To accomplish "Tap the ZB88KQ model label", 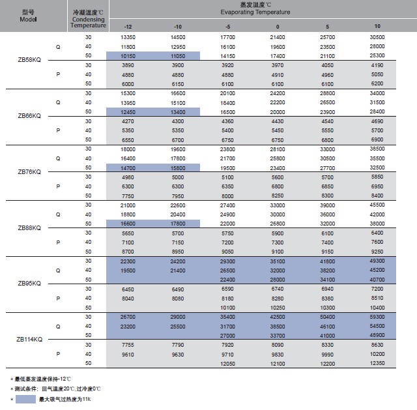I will pos(29,227).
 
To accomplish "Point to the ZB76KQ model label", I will pos(29,172).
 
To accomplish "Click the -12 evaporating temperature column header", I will pos(128,26).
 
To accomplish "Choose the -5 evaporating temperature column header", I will pos(227,26).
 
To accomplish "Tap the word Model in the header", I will pos(29,19).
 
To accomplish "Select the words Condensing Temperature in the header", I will pos(88,23).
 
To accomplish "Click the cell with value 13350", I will pos(128,37).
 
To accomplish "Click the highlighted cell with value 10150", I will pos(128,56).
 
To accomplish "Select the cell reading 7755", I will pos(128,344).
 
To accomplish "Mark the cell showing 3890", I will pos(128,66).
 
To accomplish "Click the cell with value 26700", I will pos(128,316).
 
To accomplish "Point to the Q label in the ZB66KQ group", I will pos(58,102).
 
